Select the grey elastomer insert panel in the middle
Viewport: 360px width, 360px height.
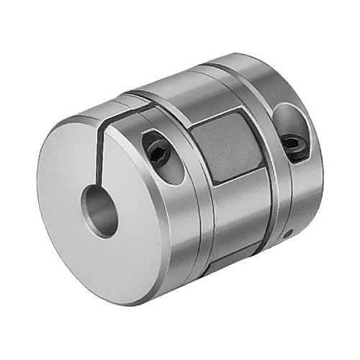coord(230,148)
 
